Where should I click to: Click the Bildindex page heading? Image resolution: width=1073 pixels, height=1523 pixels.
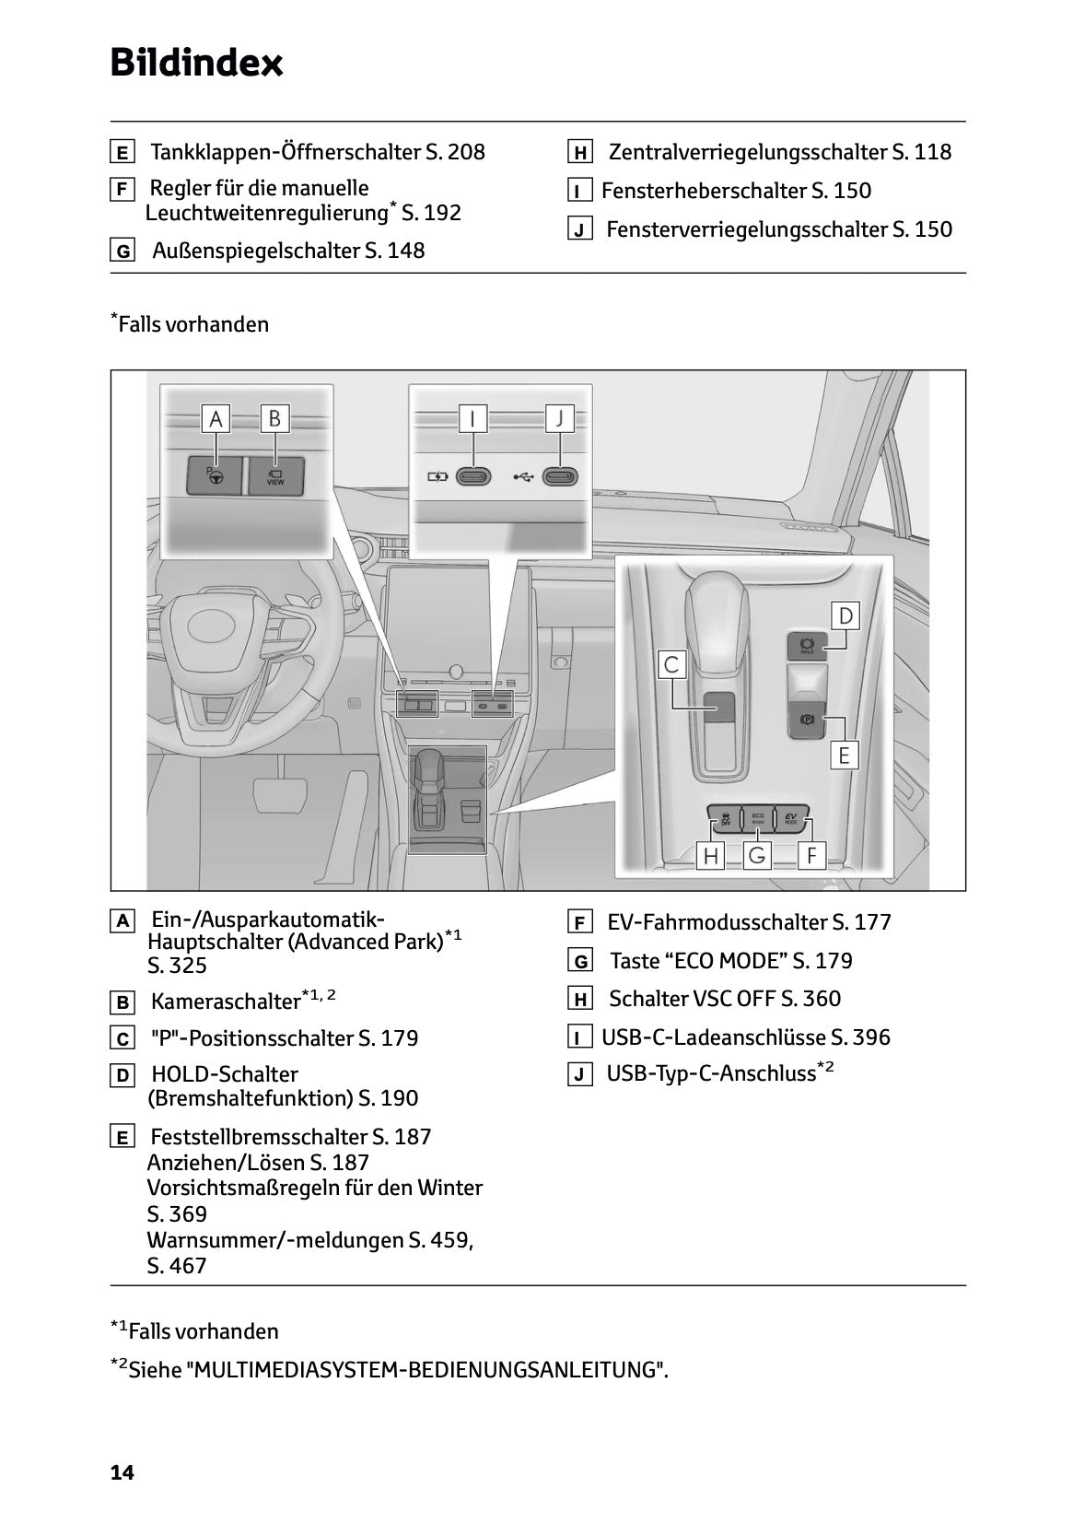point(196,63)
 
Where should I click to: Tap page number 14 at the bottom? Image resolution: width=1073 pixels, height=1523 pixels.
point(122,1472)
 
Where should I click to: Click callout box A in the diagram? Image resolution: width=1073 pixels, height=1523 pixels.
point(216,419)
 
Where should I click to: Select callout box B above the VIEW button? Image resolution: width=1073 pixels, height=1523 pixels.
point(274,419)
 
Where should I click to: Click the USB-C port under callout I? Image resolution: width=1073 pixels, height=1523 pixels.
point(472,477)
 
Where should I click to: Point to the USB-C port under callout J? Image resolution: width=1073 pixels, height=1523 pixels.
point(559,477)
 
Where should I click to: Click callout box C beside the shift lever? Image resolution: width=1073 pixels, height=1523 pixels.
point(672,665)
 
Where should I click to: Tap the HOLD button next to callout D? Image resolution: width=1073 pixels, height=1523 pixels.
point(808,644)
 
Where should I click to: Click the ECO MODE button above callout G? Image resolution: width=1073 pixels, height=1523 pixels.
point(757,817)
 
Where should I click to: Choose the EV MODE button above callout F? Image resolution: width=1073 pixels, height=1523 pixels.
point(790,817)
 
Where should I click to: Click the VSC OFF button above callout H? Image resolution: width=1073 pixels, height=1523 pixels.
point(725,817)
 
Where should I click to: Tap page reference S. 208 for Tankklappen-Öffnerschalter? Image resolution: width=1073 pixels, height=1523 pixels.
point(455,152)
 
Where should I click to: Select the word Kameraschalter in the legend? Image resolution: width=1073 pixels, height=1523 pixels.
point(226,1002)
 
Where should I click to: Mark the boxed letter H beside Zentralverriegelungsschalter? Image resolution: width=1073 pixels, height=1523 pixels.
point(579,153)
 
